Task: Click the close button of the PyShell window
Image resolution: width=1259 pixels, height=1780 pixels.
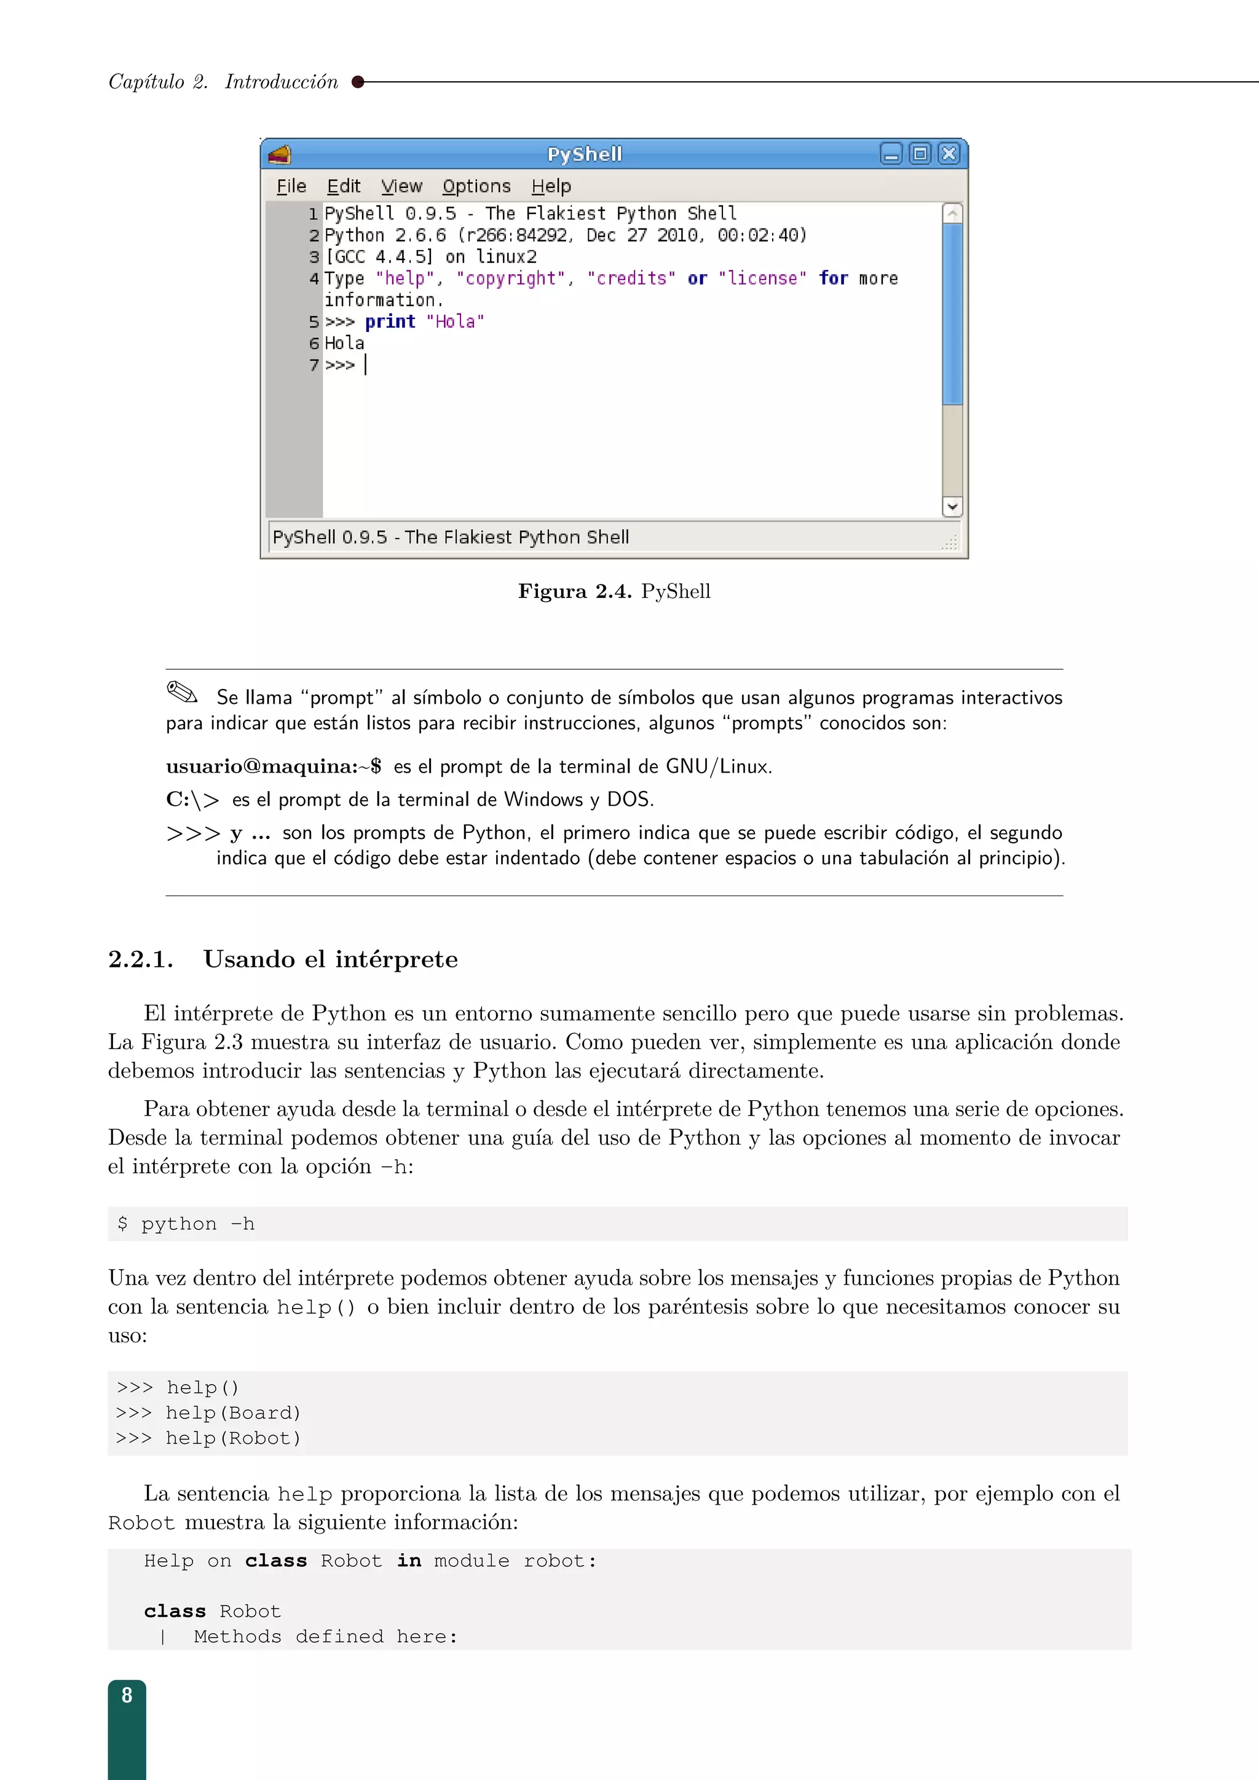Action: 948,154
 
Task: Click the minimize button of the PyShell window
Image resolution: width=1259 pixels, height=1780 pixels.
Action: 891,154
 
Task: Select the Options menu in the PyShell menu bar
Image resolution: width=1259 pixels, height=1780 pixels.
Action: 476,186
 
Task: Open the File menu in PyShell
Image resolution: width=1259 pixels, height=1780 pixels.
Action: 291,186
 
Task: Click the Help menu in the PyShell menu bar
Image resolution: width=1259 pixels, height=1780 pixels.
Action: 551,186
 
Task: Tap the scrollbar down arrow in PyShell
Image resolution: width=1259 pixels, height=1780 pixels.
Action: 952,506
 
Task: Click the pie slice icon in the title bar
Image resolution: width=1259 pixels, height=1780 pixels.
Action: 280,154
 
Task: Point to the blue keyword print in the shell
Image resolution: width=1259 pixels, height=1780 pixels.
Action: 390,321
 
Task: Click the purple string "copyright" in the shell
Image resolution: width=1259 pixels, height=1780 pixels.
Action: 511,278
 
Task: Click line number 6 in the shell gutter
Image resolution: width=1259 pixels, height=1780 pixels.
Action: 314,344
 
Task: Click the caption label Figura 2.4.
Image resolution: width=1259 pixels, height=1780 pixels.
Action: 574,591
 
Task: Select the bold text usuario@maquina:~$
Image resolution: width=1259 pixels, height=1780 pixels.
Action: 274,766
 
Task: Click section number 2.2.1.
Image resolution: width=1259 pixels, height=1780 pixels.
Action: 140,960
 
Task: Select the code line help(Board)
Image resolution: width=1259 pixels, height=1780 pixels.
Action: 232,1412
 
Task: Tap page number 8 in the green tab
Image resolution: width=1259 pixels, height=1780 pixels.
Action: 127,1696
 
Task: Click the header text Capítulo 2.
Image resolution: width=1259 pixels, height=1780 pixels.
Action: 158,82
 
